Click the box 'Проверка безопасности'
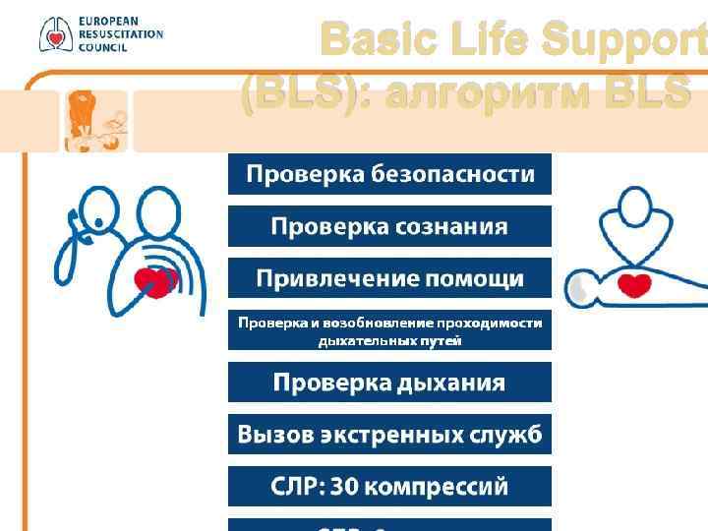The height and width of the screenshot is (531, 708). coord(389,174)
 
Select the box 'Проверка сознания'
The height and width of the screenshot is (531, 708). coord(389,226)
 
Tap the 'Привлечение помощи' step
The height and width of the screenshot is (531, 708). coord(389,278)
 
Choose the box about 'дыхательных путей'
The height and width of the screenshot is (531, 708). coord(389,331)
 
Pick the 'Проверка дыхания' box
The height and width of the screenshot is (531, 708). coord(389,383)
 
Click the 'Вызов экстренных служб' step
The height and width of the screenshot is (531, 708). coord(389,435)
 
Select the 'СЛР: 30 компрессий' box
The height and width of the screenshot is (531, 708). coord(389,487)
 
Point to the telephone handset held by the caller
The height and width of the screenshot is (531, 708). coord(78,225)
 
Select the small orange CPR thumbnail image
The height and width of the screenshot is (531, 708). coord(95,120)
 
